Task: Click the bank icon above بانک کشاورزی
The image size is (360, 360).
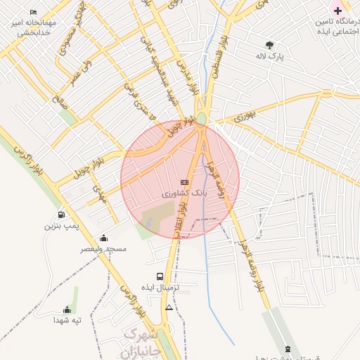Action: (x=184, y=182)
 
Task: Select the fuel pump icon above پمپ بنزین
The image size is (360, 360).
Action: (x=62, y=214)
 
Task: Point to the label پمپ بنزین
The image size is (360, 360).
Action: (x=59, y=226)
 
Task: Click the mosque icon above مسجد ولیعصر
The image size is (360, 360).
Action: (x=104, y=238)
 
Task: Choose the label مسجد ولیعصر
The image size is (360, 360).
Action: (x=103, y=249)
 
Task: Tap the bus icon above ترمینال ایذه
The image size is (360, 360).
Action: (x=160, y=277)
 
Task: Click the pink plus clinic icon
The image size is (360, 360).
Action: (x=337, y=11)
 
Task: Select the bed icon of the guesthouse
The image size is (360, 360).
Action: (x=34, y=12)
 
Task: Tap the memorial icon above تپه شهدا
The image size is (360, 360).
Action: (x=67, y=309)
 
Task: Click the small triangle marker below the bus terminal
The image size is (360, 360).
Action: (x=169, y=307)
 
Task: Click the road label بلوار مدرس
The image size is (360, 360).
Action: (x=185, y=77)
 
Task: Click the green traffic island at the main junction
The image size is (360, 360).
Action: (x=202, y=119)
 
